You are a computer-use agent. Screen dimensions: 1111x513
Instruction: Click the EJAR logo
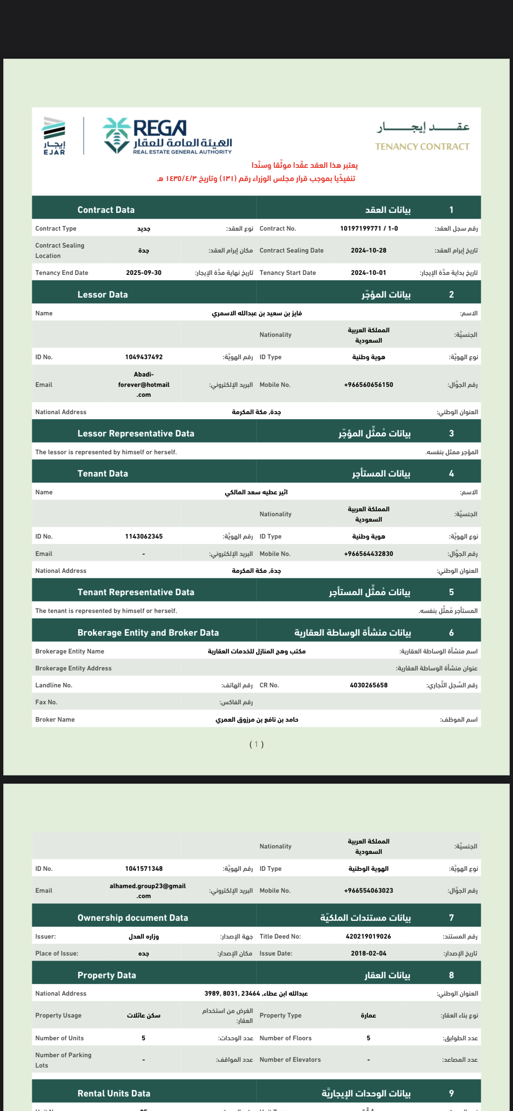(54, 136)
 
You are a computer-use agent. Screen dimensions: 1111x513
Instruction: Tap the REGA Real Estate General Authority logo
(167, 136)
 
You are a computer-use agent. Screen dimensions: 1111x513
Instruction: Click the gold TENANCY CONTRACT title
(422, 147)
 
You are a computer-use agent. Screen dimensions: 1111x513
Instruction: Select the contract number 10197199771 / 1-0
(368, 229)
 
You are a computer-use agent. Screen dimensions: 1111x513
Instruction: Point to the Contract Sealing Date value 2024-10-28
(368, 250)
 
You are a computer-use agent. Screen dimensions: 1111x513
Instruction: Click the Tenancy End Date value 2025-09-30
(144, 272)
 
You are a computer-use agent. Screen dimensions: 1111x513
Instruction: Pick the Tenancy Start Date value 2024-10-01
(368, 272)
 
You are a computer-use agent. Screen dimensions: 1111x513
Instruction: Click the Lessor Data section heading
(102, 295)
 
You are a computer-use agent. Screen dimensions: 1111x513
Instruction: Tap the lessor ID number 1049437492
(144, 357)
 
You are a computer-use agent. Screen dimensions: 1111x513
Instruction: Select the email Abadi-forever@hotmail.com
(144, 384)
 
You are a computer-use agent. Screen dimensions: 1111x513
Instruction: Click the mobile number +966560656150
(368, 385)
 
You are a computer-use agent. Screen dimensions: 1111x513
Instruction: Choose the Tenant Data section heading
(102, 474)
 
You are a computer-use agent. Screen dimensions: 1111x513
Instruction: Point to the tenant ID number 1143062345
(144, 536)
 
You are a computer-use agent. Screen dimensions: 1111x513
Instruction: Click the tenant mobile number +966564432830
(368, 554)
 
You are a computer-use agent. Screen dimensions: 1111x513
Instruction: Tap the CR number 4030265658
(368, 685)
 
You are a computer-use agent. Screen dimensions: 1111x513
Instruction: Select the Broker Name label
(55, 720)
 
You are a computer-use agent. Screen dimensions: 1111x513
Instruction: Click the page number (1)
(256, 744)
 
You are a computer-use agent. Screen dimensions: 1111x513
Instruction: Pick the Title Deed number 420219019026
(368, 936)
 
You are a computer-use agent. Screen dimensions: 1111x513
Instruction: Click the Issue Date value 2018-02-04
(368, 954)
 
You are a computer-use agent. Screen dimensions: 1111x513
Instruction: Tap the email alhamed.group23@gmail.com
(147, 891)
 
